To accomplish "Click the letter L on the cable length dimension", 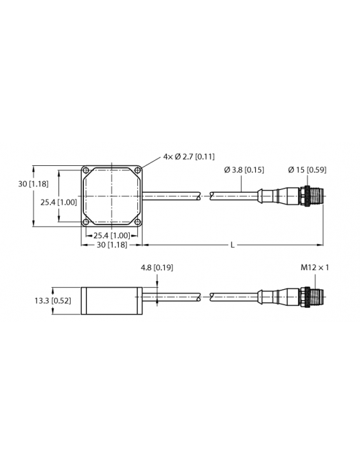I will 232,245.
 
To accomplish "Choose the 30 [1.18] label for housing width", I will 111,245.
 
